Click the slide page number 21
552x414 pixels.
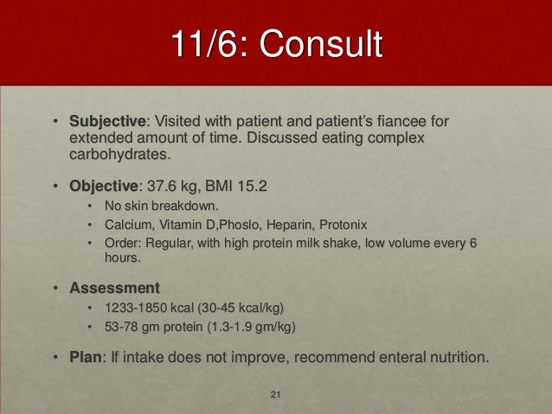(276, 396)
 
